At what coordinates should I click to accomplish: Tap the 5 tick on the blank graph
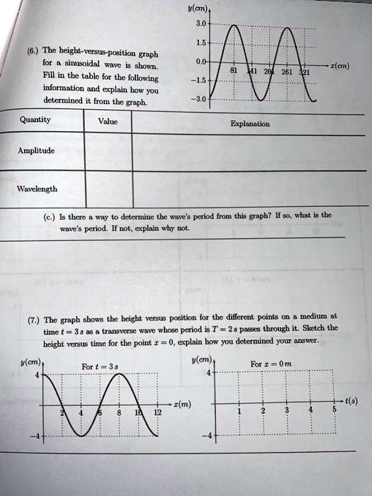coord(334,410)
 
